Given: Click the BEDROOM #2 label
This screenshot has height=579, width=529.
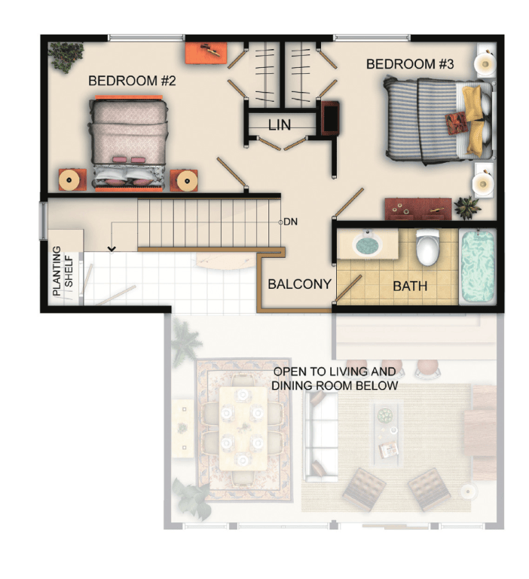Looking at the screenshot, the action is (x=132, y=81).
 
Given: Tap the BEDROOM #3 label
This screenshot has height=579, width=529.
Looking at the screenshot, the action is (x=409, y=64).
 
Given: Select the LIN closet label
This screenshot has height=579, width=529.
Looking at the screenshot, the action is (x=280, y=125).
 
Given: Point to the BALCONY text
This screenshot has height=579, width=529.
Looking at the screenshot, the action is (x=299, y=284).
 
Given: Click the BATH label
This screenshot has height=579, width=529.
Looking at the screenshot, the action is (x=410, y=286).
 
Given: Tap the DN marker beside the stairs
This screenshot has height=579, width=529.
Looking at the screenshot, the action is (x=291, y=222).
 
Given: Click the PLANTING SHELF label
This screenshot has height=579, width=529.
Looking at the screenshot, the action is (x=63, y=271).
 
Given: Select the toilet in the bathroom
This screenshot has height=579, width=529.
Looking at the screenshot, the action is (x=427, y=247).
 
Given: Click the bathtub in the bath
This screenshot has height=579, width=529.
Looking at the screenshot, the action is (x=478, y=265).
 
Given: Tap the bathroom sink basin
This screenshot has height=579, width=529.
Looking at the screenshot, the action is (x=367, y=244).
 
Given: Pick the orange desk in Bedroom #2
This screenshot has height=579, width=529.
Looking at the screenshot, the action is (x=206, y=54).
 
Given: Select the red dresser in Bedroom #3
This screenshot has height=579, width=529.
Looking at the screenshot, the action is (x=418, y=209).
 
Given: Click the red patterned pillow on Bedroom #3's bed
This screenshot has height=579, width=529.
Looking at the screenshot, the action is (x=456, y=122).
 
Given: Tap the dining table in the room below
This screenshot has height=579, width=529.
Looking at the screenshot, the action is (x=243, y=428).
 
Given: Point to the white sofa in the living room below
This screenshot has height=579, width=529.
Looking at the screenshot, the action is (x=321, y=437).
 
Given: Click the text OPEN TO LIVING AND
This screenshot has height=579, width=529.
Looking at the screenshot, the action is (x=335, y=372).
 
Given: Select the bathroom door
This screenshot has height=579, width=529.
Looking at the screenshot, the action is (x=348, y=288).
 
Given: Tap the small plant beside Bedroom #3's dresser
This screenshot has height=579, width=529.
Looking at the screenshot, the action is (x=467, y=207).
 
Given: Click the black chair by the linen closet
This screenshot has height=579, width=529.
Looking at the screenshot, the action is (x=329, y=118).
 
